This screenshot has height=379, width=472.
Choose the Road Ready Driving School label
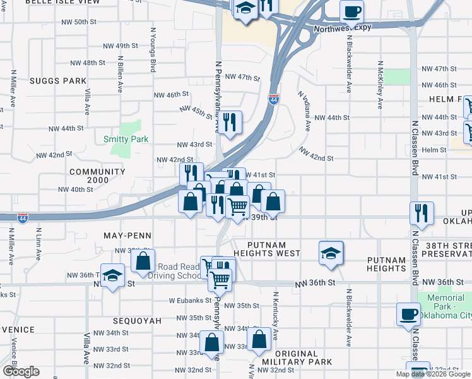tap(182, 271)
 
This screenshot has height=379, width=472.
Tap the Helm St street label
tap(434, 150)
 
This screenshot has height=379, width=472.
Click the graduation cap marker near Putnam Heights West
tap(331, 253)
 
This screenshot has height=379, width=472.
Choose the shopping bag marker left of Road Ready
tap(144, 261)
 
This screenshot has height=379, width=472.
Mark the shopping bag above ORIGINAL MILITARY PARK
tap(259, 339)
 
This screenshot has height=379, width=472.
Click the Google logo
tap(20, 371)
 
